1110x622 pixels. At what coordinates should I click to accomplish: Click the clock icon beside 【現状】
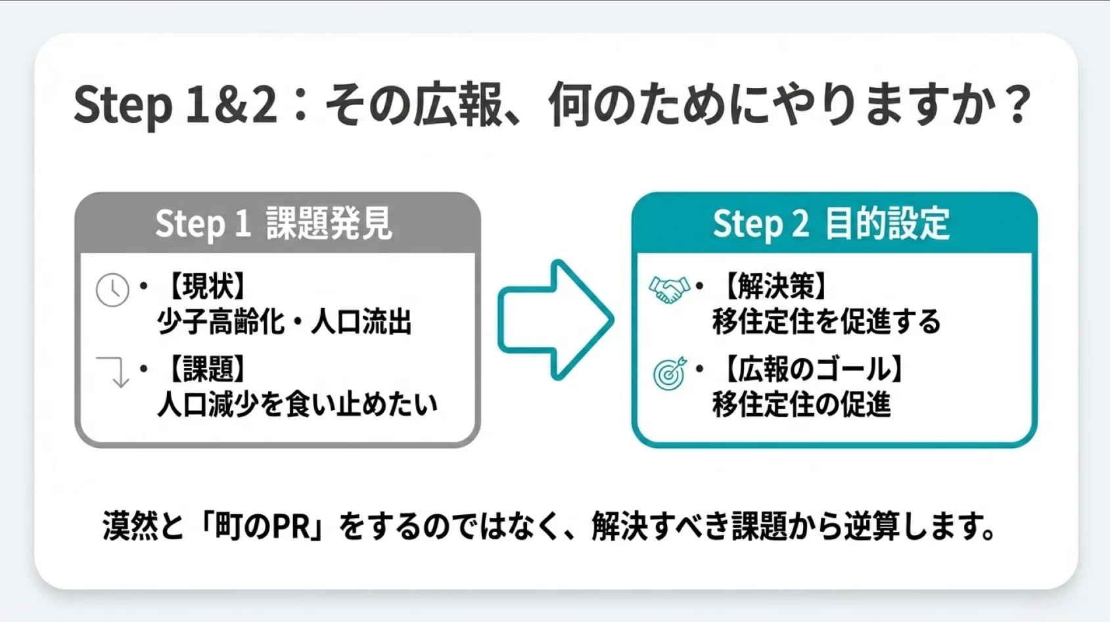pyautogui.click(x=112, y=290)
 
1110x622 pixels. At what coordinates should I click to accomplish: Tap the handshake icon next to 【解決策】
pyautogui.click(x=668, y=289)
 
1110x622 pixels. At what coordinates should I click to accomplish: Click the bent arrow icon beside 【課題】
pyautogui.click(x=113, y=372)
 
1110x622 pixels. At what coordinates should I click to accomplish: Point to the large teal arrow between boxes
pyautogui.click(x=555, y=320)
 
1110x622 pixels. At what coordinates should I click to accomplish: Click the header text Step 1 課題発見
pyautogui.click(x=273, y=223)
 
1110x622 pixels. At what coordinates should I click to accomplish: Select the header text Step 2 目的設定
pyautogui.click(x=831, y=223)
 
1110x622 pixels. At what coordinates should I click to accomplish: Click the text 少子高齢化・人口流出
pyautogui.click(x=284, y=322)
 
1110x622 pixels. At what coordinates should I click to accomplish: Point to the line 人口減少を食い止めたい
pyautogui.click(x=297, y=405)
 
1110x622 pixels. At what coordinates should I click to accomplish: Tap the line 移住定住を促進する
pyautogui.click(x=826, y=322)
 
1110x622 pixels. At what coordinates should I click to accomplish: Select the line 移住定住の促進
pyautogui.click(x=801, y=405)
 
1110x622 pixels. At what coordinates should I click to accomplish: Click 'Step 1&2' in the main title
pyautogui.click(x=175, y=105)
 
